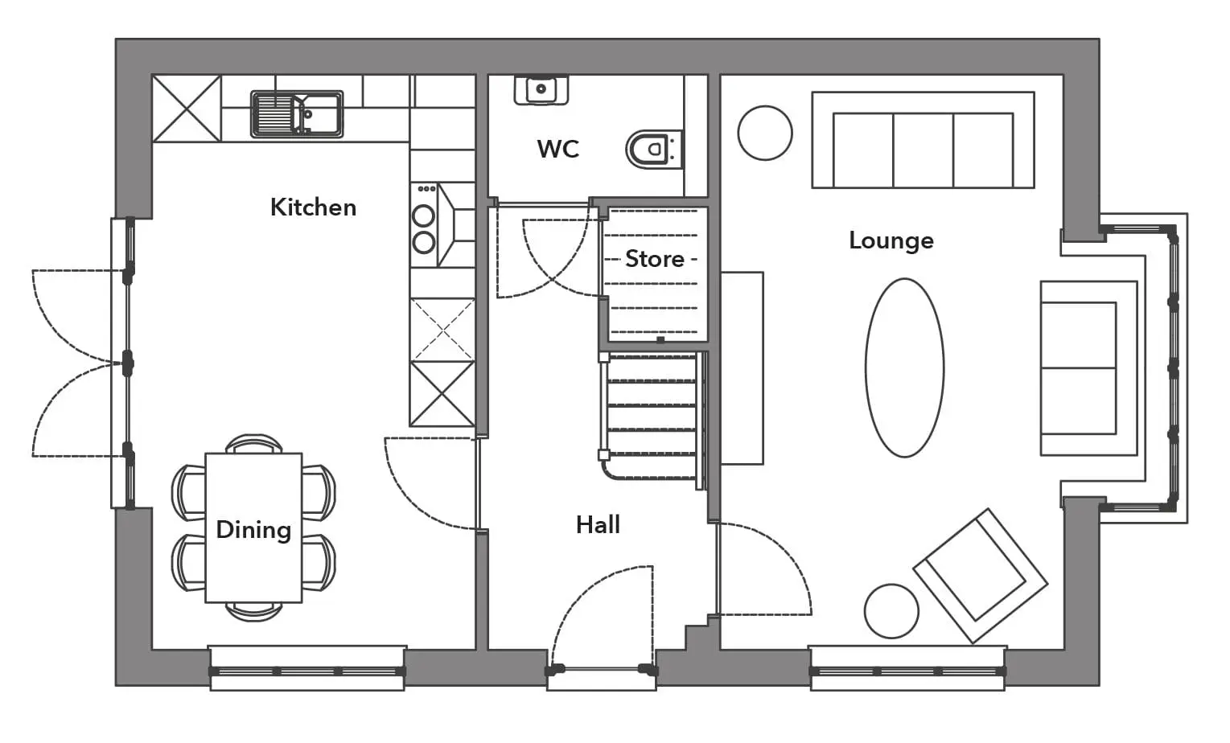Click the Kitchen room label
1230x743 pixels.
313,207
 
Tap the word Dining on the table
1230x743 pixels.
253,531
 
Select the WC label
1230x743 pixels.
558,149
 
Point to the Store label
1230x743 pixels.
655,259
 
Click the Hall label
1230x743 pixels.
598,525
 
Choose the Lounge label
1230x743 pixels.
891,241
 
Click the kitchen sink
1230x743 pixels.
297,114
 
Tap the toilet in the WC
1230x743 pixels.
653,150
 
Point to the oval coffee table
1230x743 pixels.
904,367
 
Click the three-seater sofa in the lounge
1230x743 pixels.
923,140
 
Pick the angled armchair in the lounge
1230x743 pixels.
981,576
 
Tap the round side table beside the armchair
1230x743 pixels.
891,611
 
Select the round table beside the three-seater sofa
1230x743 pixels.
765,133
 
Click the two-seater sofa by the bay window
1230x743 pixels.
1088,368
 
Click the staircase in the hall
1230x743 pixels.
652,421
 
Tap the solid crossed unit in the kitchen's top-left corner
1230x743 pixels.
187,109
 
